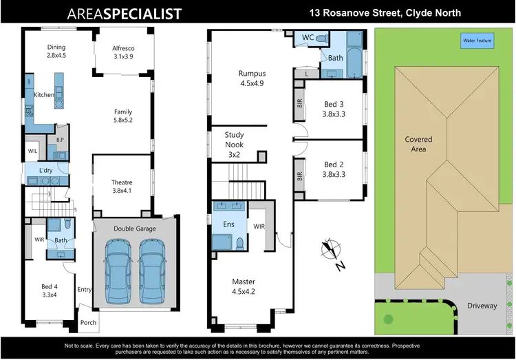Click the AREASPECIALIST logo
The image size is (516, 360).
click(x=125, y=14)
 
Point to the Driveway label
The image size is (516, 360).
click(x=482, y=305)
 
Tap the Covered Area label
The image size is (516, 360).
click(x=418, y=143)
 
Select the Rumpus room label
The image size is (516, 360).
click(x=251, y=78)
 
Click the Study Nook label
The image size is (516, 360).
click(x=234, y=145)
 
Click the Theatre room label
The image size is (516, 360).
click(x=122, y=187)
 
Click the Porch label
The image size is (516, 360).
click(x=89, y=322)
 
